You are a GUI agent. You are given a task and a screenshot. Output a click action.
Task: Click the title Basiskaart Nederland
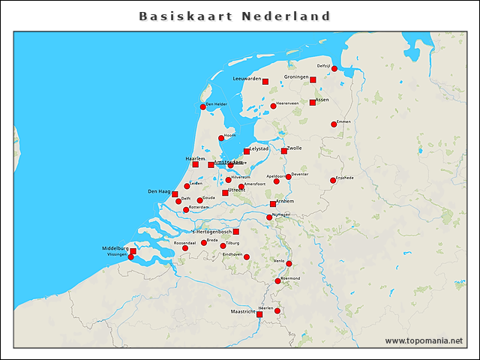235,16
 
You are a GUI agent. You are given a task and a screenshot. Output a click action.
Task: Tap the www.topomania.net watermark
424,340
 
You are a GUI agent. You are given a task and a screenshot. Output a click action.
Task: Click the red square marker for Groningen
313,80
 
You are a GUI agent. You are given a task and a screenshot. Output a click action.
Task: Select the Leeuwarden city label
247,78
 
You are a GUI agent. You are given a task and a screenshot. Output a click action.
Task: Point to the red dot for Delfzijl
334,70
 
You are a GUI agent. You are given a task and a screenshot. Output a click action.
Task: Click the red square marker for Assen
313,103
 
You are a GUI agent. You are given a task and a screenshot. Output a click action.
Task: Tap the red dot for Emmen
334,124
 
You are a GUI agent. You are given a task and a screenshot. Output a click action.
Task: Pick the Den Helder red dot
202,107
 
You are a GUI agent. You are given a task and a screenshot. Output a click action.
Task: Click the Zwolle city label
294,148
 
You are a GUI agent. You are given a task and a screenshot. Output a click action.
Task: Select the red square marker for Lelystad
247,151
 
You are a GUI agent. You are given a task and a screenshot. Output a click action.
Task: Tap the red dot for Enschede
333,180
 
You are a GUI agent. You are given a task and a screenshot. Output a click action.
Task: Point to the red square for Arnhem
273,204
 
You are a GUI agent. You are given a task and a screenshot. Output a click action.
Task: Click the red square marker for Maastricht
259,314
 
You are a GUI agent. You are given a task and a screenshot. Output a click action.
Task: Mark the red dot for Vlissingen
130,257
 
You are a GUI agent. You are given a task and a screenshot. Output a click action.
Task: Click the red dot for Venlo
289,264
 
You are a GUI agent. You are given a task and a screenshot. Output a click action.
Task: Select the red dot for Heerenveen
273,106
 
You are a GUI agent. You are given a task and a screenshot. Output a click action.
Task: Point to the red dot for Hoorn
221,138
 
